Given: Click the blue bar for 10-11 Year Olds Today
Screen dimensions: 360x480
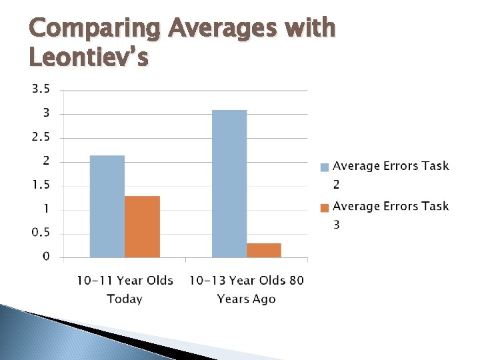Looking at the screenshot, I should pyautogui.click(x=107, y=206).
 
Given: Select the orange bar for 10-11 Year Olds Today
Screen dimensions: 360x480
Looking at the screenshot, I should pyautogui.click(x=142, y=227).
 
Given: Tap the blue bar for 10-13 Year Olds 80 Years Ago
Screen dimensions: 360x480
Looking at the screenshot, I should pyautogui.click(x=229, y=183).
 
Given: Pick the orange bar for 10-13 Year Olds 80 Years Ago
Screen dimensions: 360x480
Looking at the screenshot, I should pyautogui.click(x=263, y=250).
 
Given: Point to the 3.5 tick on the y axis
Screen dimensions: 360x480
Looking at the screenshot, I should pyautogui.click(x=41, y=89).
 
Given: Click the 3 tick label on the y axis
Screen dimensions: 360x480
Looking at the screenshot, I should pyautogui.click(x=46, y=113).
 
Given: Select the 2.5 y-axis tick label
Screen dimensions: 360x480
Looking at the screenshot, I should pyautogui.click(x=41, y=137).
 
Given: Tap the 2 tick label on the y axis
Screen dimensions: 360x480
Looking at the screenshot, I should pyautogui.click(x=46, y=161).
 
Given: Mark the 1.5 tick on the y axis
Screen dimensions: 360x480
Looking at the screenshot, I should pyautogui.click(x=41, y=185).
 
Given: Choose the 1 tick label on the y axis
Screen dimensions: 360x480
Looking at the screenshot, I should pyautogui.click(x=46, y=209).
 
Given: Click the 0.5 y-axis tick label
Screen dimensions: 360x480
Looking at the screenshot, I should pyautogui.click(x=41, y=233).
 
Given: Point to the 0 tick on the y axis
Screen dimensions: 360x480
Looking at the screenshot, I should pyautogui.click(x=46, y=257).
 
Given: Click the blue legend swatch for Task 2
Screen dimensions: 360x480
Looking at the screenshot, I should pyautogui.click(x=325, y=167).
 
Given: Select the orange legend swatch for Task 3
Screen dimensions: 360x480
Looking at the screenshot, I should pyautogui.click(x=325, y=207).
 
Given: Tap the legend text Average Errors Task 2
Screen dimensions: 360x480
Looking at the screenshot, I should pyautogui.click(x=391, y=167).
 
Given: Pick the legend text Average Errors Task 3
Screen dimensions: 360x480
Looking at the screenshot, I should pyautogui.click(x=391, y=207).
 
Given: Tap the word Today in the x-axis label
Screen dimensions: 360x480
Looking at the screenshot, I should pyautogui.click(x=125, y=299).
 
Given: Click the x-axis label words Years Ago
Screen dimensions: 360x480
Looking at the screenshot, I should pyautogui.click(x=246, y=299).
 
